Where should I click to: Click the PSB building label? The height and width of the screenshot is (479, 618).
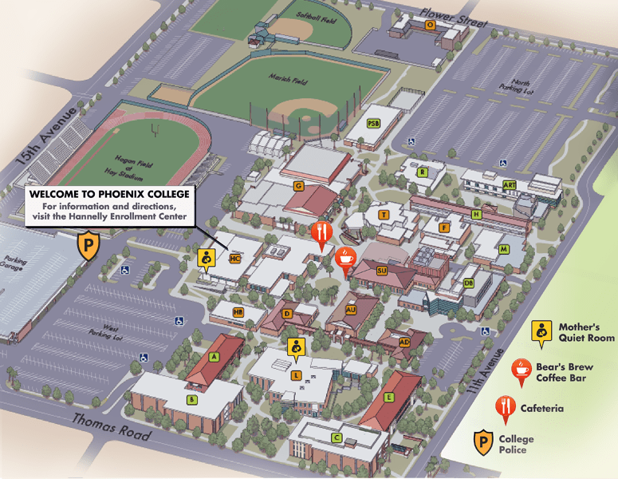tap(373, 124)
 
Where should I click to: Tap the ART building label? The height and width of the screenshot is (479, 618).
tap(510, 185)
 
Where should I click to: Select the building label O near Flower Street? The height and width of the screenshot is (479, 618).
tap(431, 25)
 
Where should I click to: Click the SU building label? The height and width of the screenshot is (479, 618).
tap(382, 271)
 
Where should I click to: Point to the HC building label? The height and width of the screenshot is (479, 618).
tap(234, 259)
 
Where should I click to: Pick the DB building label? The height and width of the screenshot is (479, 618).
tap(469, 283)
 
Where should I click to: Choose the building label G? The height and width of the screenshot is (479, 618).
tap(298, 186)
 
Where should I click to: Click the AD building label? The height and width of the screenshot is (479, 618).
tap(404, 342)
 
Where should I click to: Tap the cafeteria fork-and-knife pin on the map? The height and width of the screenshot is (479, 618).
tap(322, 232)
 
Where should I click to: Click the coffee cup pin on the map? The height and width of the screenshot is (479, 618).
tap(345, 258)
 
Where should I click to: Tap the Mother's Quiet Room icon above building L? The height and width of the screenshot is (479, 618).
tap(295, 347)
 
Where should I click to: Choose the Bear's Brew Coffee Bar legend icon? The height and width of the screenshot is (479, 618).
tap(520, 369)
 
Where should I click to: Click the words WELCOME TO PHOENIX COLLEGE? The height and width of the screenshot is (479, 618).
tap(109, 194)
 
